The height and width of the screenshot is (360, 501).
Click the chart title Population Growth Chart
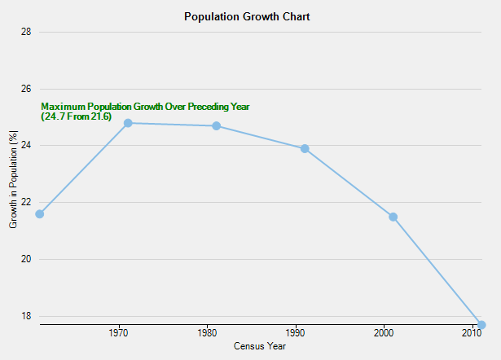pos(247,16)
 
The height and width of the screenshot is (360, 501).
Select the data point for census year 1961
pos(39,214)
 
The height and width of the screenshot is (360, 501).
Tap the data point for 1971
pos(128,123)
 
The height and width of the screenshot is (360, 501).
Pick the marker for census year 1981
pos(216,126)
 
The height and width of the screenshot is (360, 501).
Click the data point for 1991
pos(305,149)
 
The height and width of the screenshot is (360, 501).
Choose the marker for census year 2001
pos(393,217)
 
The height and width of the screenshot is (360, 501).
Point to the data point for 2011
pos(481,325)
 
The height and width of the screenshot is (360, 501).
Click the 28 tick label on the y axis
pos(26,32)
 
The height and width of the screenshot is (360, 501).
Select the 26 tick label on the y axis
pos(26,89)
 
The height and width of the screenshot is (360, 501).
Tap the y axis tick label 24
pos(26,146)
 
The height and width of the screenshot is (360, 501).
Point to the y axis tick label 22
pos(26,202)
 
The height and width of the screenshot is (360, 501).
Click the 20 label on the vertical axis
pos(26,259)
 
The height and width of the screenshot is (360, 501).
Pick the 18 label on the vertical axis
pos(26,316)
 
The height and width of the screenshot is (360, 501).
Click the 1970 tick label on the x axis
pos(119,334)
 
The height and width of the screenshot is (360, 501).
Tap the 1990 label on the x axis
pos(296,334)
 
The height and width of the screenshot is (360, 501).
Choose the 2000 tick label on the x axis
pos(384,334)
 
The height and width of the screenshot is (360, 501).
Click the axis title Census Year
pos(260,346)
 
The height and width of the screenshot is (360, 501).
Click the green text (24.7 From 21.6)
pos(76,117)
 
